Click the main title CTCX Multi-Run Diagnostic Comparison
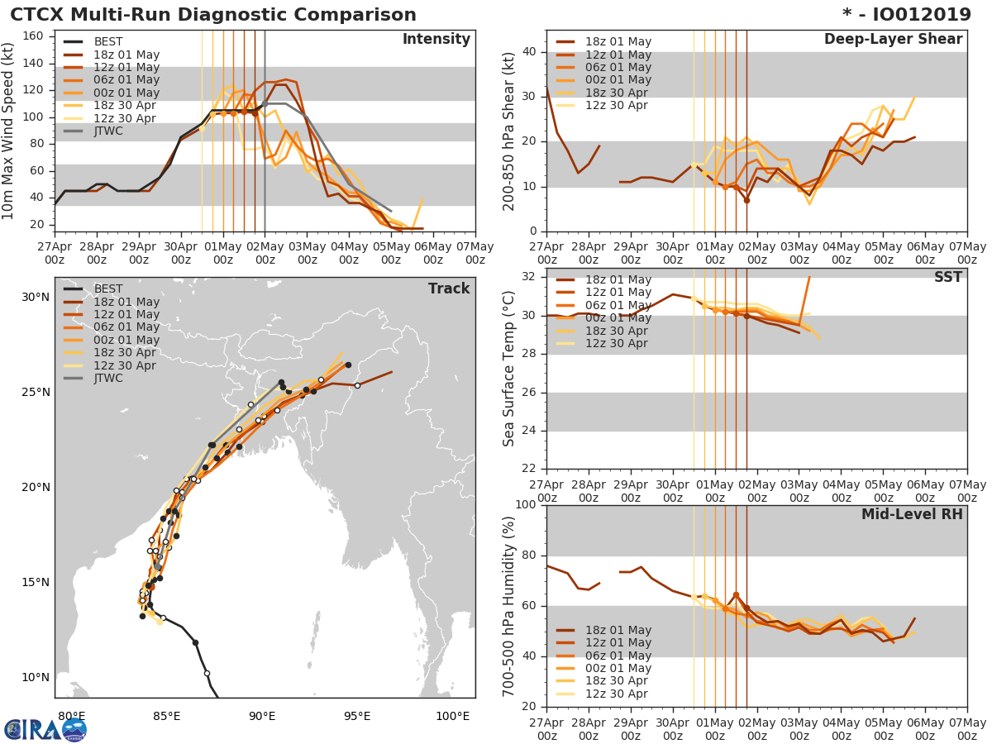(213, 15)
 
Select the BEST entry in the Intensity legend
(108, 42)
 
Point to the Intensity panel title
(436, 40)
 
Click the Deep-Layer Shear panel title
(893, 40)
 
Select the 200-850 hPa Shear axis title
(509, 131)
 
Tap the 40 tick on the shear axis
(529, 52)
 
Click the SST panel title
(948, 278)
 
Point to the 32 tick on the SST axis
(529, 278)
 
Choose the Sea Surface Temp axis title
(509, 368)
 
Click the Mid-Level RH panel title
(912, 514)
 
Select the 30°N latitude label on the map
(36, 298)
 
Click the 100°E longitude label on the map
(452, 716)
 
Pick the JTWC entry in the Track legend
(109, 379)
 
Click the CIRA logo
(45, 729)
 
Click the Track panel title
(448, 289)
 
